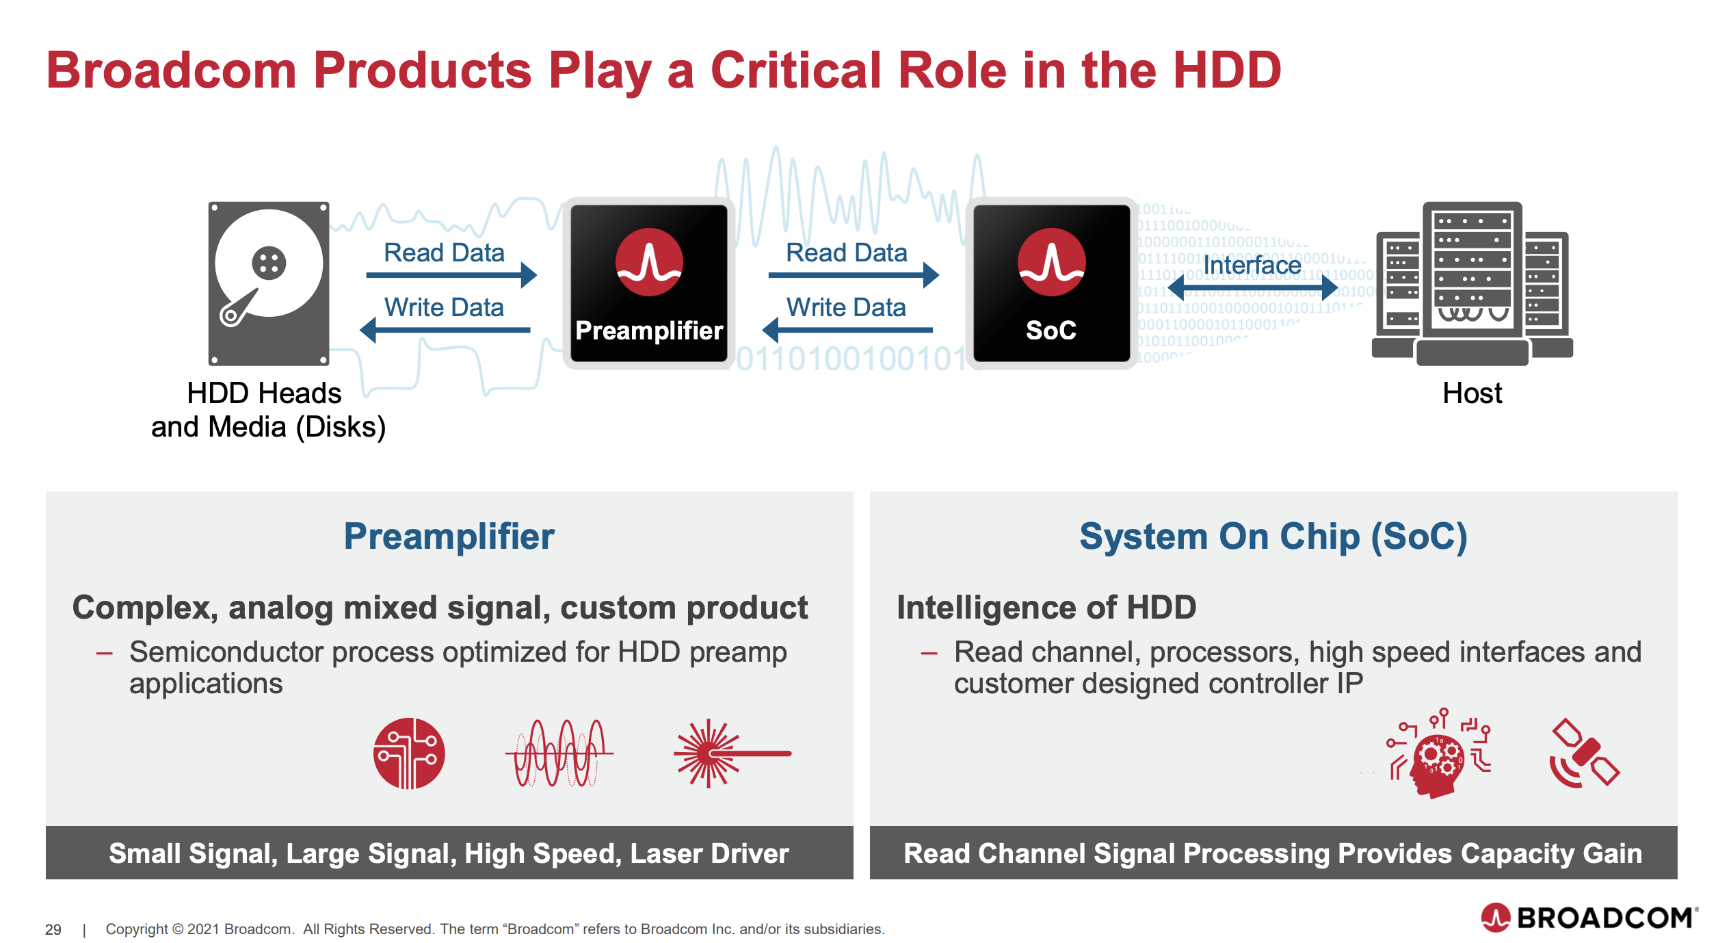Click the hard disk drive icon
[269, 283]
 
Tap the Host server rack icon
[1472, 283]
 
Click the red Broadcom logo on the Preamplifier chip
[649, 262]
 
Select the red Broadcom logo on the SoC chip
[1051, 262]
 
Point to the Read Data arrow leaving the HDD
[451, 275]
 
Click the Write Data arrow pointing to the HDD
[445, 330]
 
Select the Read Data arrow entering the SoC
[854, 275]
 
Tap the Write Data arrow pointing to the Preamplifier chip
[847, 330]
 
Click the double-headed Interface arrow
[1252, 287]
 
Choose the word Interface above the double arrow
[1252, 265]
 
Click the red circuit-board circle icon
[409, 753]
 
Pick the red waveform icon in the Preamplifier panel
[559, 753]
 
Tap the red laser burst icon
[732, 753]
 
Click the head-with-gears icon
[1438, 753]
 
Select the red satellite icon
[1584, 753]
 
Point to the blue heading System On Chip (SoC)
[1273, 536]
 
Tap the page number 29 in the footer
[53, 929]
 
